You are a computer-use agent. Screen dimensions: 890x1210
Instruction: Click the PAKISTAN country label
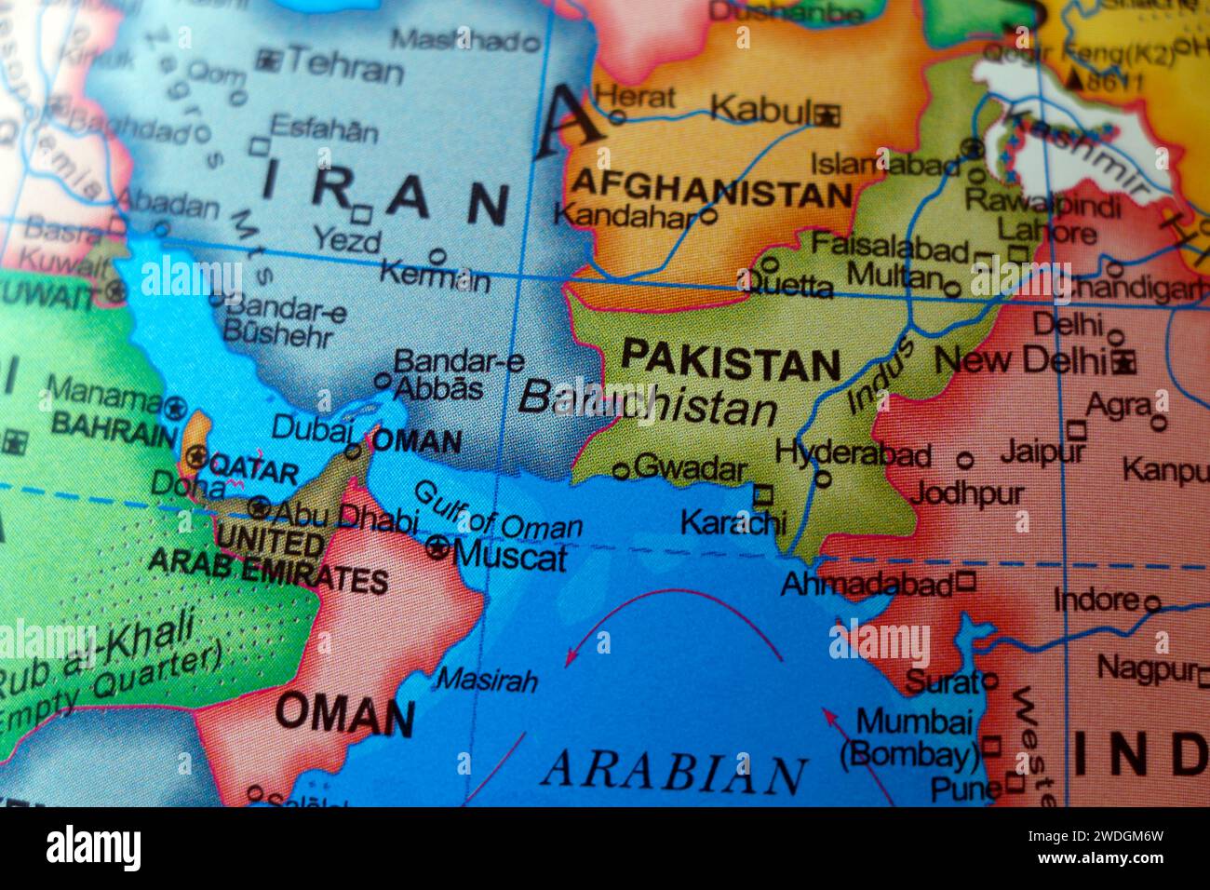(731, 361)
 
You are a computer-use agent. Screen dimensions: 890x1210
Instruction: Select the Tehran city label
(344, 67)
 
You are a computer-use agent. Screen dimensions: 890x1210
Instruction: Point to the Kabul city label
(759, 110)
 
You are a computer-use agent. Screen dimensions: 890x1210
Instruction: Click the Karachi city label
(733, 522)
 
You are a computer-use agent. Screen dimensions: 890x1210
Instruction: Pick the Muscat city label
(510, 557)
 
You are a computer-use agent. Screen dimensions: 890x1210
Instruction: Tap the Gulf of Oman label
(497, 514)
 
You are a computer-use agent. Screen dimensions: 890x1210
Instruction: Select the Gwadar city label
(689, 469)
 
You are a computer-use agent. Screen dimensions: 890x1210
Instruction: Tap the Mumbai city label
(914, 721)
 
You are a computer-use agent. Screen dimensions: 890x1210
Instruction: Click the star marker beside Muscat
(437, 548)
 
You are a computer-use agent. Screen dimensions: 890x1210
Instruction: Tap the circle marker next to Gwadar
(621, 471)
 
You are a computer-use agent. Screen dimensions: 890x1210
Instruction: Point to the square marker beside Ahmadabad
(965, 583)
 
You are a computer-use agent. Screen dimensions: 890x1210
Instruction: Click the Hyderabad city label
(853, 454)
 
